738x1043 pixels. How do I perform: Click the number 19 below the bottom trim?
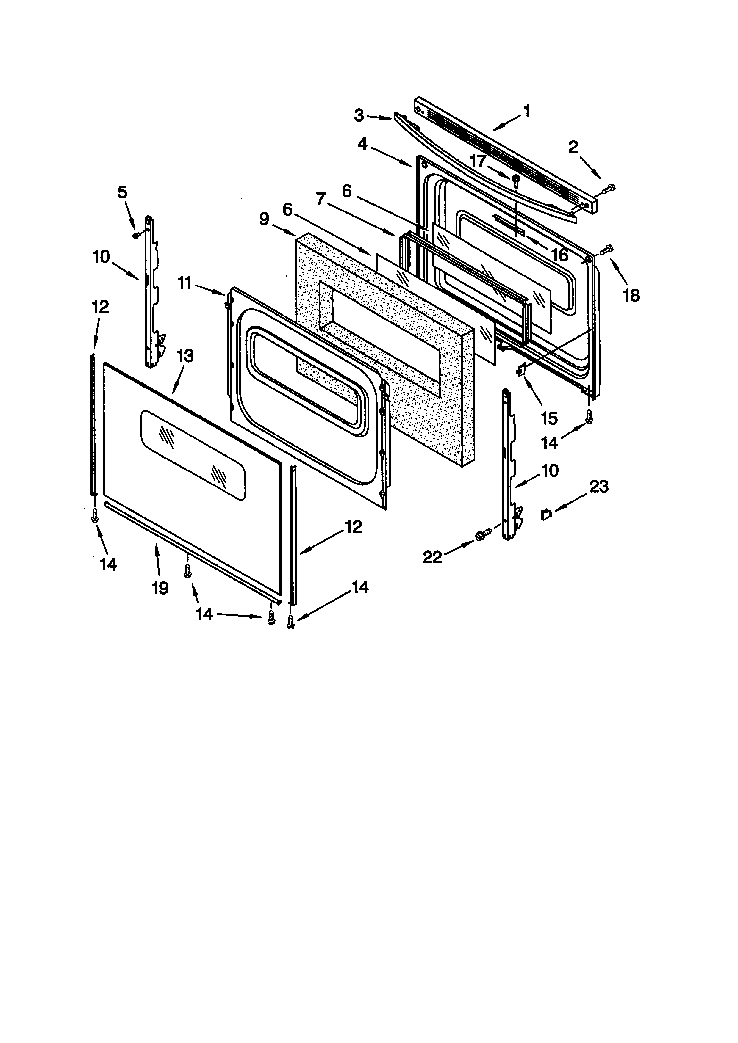(x=160, y=588)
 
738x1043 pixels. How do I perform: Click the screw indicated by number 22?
(x=482, y=535)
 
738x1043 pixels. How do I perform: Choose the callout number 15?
(x=549, y=418)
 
